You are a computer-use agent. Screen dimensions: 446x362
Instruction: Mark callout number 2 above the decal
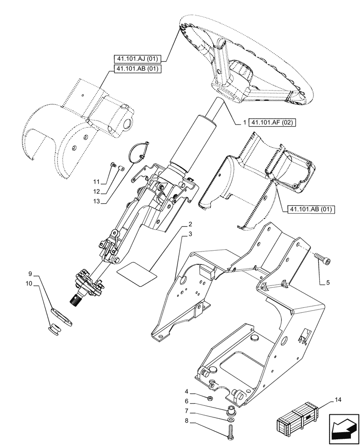pos(190,223)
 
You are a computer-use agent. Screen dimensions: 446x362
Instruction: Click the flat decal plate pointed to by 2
pos(137,273)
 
